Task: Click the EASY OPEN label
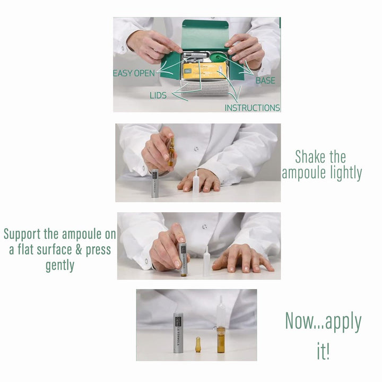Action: [134, 73]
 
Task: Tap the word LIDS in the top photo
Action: [158, 95]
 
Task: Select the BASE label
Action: [265, 81]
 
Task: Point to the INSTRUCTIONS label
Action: [252, 108]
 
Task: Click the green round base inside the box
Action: [218, 57]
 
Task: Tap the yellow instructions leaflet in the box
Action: [205, 71]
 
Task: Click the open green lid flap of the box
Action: [205, 35]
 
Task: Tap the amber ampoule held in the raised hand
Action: [171, 152]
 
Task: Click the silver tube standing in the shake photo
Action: [155, 183]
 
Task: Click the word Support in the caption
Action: [22, 235]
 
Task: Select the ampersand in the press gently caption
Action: [79, 249]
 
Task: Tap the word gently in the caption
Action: [60, 265]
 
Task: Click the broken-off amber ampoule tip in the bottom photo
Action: [198, 344]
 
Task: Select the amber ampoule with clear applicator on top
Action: [221, 325]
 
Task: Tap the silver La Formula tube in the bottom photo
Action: [178, 333]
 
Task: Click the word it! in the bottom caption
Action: [323, 351]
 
